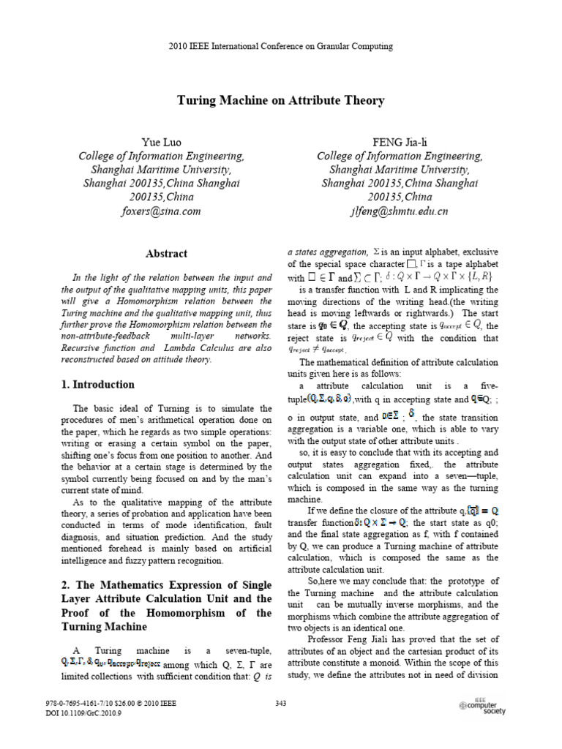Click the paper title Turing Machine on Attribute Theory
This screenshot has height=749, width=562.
[x=281, y=101]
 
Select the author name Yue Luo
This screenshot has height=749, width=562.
[x=162, y=142]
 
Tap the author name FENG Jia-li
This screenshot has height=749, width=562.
[x=399, y=142]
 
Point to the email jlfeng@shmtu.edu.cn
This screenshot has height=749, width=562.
[x=399, y=211]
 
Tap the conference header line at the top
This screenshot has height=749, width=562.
[x=281, y=46]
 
